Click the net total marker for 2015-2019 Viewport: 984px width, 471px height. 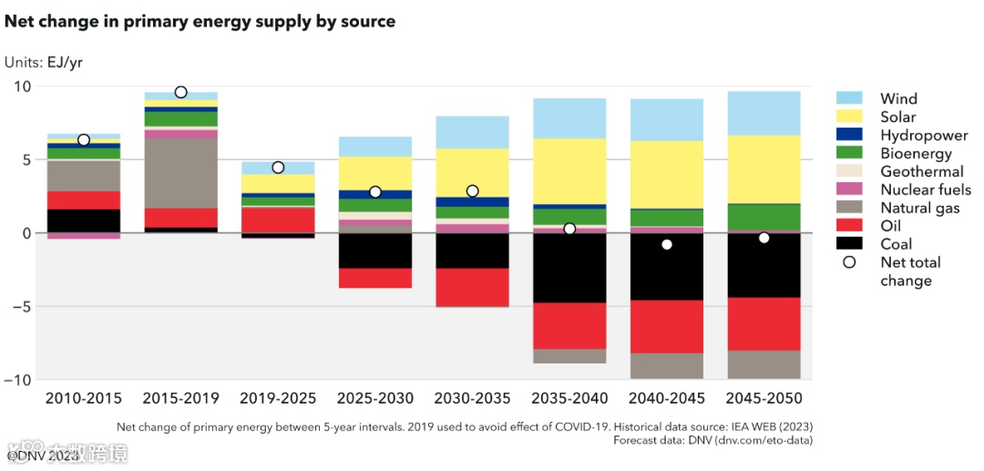click(180, 92)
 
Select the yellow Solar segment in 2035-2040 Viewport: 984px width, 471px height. click(569, 170)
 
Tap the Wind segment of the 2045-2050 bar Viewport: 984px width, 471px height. click(764, 113)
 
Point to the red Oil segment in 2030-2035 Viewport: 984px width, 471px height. click(472, 287)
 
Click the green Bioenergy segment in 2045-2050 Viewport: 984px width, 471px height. click(764, 217)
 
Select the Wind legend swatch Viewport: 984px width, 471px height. click(849, 98)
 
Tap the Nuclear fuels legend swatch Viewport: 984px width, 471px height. click(849, 189)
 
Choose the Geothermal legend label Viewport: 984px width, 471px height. click(921, 171)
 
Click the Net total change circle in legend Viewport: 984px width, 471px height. click(849, 262)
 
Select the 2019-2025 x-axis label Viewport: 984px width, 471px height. click(278, 399)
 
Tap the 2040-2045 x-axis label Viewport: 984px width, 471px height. click(667, 399)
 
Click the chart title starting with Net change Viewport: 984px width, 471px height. click(200, 21)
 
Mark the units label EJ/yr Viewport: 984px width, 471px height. click(44, 63)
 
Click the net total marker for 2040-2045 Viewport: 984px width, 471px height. click(667, 244)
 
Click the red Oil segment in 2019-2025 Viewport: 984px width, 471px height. click(278, 220)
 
